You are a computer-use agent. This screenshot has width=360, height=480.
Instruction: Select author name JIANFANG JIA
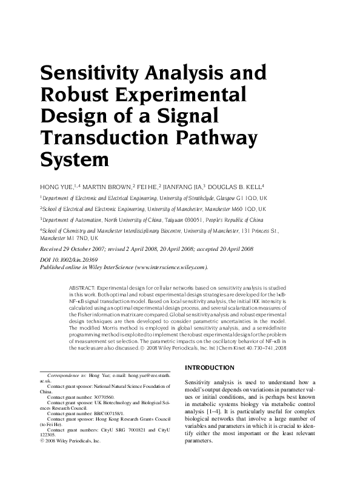tap(182, 187)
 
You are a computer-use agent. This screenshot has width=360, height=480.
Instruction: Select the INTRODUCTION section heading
tap(209, 368)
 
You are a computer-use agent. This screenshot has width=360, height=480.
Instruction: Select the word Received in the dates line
tap(54, 249)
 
